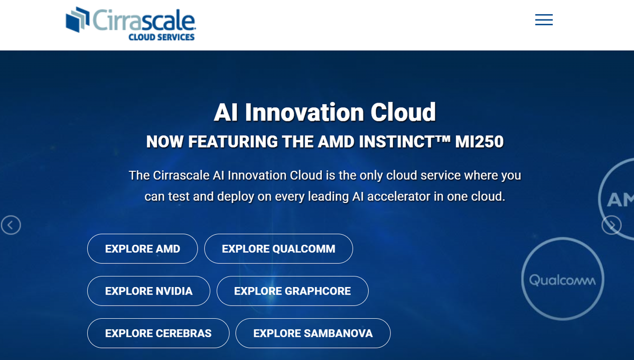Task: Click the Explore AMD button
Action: pos(142,248)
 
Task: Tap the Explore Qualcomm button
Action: pos(278,248)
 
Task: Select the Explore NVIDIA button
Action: pos(148,291)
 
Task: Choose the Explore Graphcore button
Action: pos(292,291)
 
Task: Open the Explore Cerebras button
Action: pos(158,333)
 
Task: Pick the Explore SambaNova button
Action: pos(313,333)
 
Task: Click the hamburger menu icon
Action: pos(544,20)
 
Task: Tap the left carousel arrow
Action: pos(11,225)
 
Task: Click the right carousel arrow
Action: pos(611,225)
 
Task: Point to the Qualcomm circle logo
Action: pos(562,280)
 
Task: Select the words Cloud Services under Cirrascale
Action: pos(162,38)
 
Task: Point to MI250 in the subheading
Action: pos(479,142)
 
